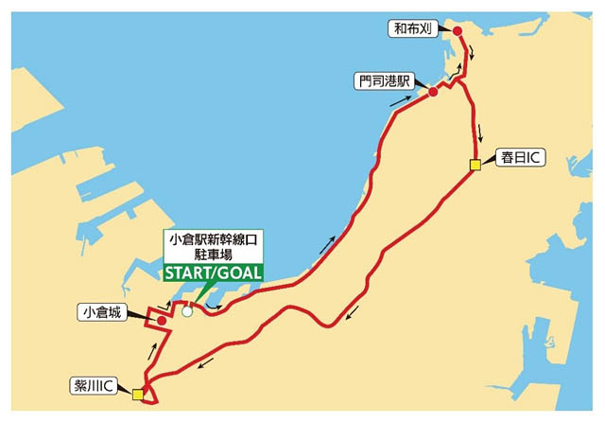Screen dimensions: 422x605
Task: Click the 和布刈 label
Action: click(414, 28)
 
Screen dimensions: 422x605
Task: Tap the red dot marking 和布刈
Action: click(458, 31)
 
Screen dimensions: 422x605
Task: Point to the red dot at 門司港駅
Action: click(432, 92)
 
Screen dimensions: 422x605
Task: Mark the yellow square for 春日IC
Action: click(475, 166)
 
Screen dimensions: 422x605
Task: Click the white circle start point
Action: click(187, 310)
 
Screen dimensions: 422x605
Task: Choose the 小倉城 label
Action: click(103, 311)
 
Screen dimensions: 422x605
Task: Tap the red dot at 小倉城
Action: click(162, 321)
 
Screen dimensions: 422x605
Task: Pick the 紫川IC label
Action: click(95, 386)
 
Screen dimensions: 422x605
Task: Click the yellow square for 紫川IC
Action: click(138, 395)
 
